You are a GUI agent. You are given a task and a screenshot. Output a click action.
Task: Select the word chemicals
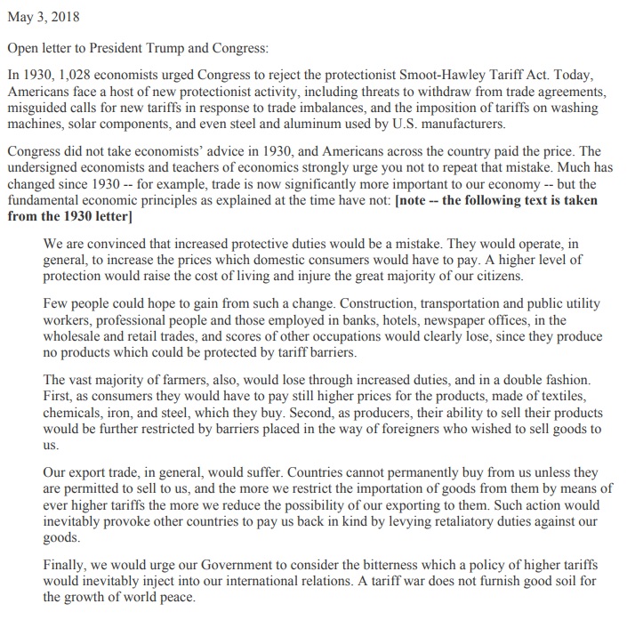pos(76,414)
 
